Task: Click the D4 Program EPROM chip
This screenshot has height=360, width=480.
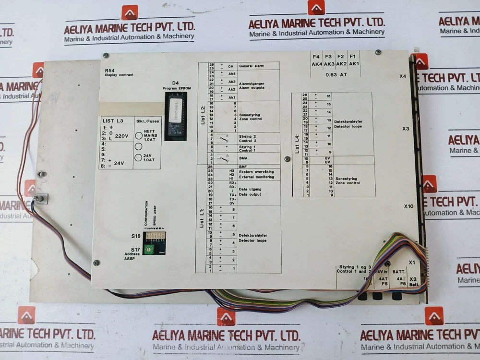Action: (x=175, y=115)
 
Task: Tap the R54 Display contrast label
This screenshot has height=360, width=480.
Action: (x=119, y=73)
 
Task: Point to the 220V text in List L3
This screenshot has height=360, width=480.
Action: (x=122, y=136)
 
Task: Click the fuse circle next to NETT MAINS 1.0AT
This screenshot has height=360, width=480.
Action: (x=139, y=136)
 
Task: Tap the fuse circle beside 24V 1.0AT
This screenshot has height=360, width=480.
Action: (x=139, y=157)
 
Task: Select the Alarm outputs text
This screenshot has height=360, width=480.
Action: (x=252, y=88)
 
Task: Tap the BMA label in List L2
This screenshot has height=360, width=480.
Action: (x=243, y=157)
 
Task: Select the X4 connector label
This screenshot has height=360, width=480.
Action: (x=403, y=76)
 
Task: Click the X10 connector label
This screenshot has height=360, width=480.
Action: (x=408, y=206)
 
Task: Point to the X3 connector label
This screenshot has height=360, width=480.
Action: (x=405, y=129)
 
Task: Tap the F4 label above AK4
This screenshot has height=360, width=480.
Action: (x=316, y=57)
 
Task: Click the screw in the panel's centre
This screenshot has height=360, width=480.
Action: (x=287, y=158)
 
